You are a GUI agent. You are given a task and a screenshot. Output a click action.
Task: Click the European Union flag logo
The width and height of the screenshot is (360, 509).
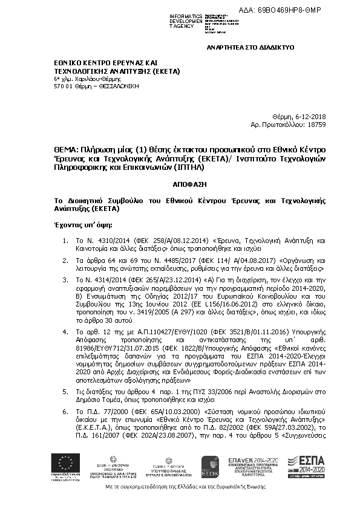pos(65,465)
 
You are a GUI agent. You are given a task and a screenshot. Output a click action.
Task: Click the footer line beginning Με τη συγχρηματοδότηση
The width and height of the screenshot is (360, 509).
pos(180,487)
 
